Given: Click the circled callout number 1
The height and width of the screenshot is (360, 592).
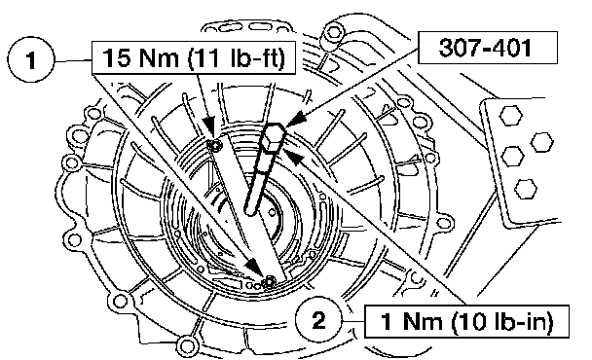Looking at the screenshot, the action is pyautogui.click(x=31, y=59).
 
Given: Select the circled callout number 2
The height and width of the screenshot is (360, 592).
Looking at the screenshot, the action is pyautogui.click(x=319, y=321).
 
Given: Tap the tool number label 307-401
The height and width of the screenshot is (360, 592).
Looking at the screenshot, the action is pyautogui.click(x=487, y=48).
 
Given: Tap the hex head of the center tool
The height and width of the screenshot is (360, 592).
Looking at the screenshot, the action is pyautogui.click(x=274, y=138).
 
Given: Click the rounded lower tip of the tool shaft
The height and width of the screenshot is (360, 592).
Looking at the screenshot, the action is pyautogui.click(x=250, y=209).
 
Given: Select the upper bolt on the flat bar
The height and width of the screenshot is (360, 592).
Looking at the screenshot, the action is pyautogui.click(x=215, y=145).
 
